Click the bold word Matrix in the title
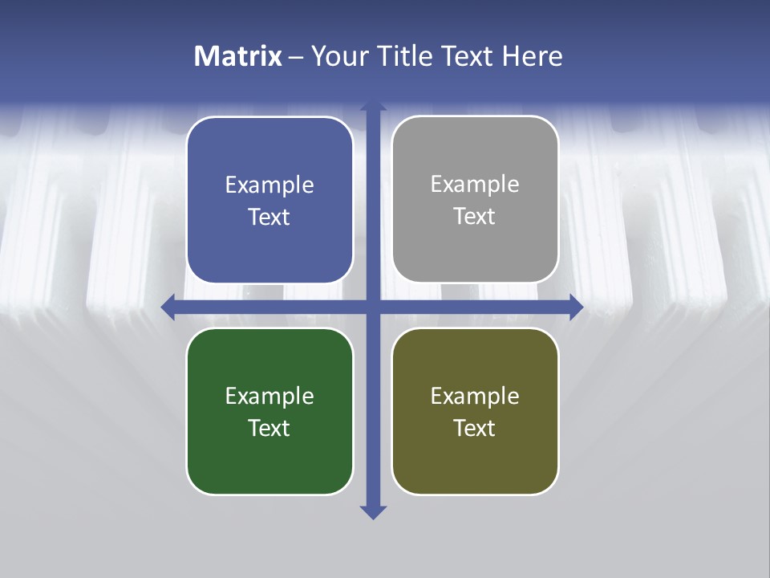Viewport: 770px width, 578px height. click(x=238, y=56)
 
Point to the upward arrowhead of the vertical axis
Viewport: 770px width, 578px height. click(x=373, y=107)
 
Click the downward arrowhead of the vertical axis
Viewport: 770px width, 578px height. click(x=373, y=511)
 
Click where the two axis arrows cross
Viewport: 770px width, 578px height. click(x=373, y=307)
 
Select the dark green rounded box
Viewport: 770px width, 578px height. click(x=269, y=458)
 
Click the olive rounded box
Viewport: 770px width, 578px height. click(x=475, y=458)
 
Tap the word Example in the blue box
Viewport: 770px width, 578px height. click(x=269, y=185)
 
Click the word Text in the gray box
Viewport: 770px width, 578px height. click(x=475, y=217)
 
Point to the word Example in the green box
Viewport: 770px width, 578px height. click(x=269, y=397)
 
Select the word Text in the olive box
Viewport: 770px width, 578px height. click(x=475, y=429)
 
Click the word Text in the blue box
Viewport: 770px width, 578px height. click(x=269, y=218)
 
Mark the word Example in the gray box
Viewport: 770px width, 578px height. click(x=475, y=185)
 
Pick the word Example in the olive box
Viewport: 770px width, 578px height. click(x=475, y=397)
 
